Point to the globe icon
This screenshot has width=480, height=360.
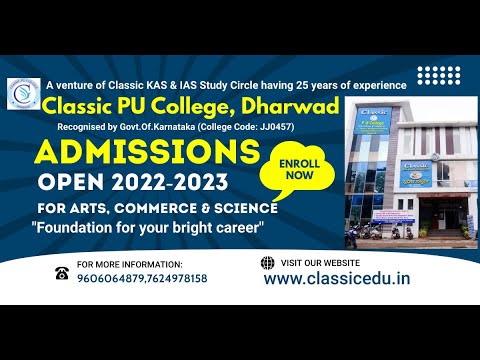[266, 263]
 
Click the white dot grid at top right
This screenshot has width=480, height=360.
[439, 76]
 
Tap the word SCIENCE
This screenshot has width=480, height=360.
[242, 207]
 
